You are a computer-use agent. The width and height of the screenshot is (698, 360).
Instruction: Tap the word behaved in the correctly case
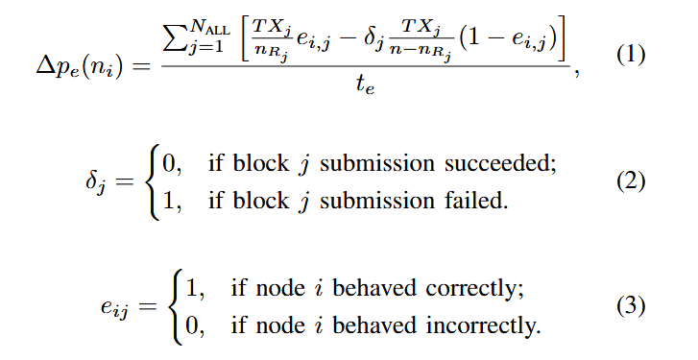(x=370, y=289)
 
